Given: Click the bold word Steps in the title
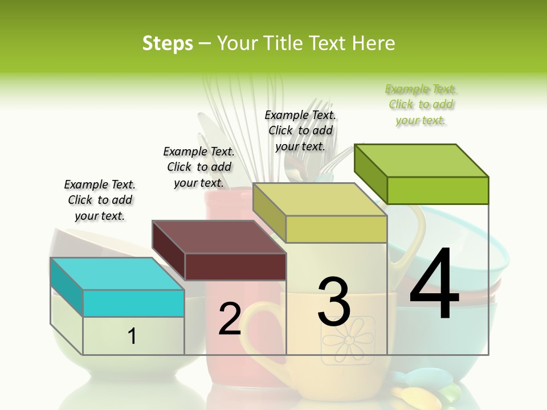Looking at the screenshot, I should click(x=167, y=43).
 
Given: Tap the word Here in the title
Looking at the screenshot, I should click(x=373, y=43).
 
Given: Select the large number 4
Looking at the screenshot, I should click(x=434, y=285).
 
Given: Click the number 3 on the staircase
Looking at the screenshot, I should click(x=334, y=302).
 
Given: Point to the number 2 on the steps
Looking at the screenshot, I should click(x=230, y=319).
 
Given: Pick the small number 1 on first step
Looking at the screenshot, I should click(x=132, y=336).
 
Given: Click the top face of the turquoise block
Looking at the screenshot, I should click(x=117, y=274).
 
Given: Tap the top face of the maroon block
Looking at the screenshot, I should click(x=219, y=237).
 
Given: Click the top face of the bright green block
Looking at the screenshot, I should click(x=422, y=161).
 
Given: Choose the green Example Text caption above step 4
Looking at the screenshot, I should click(x=421, y=105).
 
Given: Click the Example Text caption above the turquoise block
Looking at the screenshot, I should click(x=100, y=200).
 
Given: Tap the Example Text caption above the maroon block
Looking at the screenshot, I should click(x=199, y=167).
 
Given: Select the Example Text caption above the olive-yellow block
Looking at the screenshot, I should click(x=300, y=130).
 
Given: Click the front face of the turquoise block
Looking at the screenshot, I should click(x=133, y=303).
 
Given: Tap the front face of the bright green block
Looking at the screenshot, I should click(x=438, y=190).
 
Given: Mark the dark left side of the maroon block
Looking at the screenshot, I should click(x=169, y=251).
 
